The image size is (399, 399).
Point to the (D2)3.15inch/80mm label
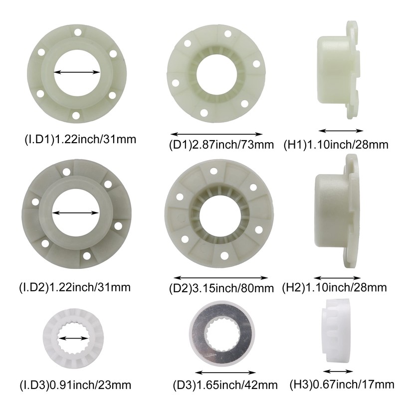(222, 288)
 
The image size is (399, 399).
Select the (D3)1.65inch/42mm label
(228, 385)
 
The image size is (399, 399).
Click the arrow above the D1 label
(216, 134)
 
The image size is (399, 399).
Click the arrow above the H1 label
(341, 131)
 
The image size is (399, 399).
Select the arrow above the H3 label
(338, 372)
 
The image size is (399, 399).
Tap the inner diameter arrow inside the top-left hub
(77, 72)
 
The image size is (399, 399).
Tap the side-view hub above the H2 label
(337, 212)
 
